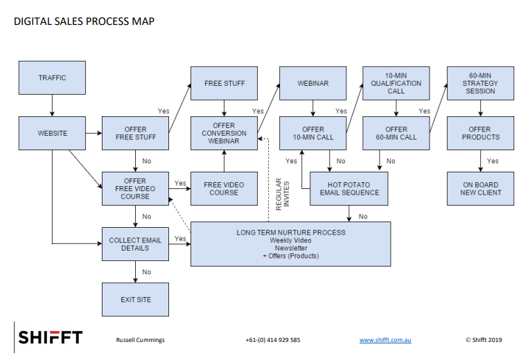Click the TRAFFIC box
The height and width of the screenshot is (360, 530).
52,78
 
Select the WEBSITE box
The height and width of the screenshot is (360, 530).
52,133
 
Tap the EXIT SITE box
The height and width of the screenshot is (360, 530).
135,300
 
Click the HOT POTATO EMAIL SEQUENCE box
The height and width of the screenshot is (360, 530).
348,188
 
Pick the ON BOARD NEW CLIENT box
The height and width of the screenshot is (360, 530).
480,188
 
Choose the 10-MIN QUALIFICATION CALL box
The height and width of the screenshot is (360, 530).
396,83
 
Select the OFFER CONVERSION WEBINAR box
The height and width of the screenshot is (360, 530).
224,133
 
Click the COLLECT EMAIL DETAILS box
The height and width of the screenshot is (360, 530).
135,244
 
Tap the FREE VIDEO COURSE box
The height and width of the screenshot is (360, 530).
224,188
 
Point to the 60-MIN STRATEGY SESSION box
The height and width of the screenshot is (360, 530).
480,83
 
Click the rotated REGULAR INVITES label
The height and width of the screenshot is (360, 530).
282,194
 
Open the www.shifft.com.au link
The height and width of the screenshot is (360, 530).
385,340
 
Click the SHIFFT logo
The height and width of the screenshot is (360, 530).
51,337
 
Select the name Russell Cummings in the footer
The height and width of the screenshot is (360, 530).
140,340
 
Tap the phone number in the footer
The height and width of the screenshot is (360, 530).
273,340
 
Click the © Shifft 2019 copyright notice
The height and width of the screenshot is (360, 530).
484,340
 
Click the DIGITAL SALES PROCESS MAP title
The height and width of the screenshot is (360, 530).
84,21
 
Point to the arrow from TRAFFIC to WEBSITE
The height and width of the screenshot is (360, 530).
52,105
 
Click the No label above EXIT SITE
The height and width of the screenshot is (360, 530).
146,272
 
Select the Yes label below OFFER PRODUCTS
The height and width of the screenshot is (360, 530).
493,161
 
